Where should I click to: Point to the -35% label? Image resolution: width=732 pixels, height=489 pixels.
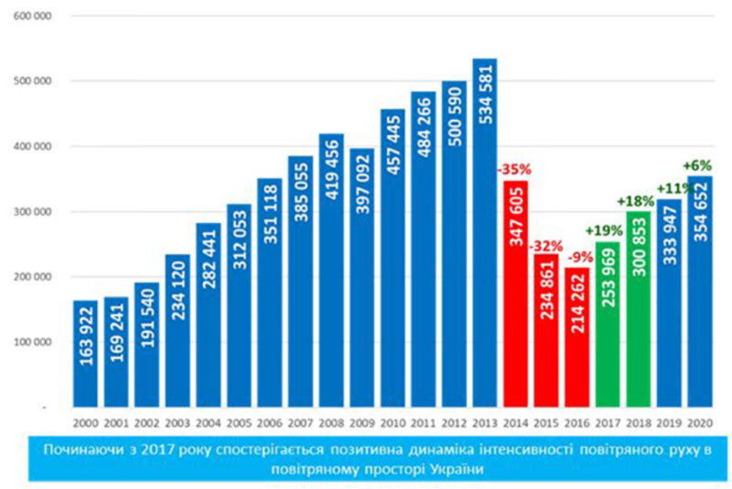[x=515, y=169]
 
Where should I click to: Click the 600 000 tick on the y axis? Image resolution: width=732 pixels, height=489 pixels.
[x=35, y=16]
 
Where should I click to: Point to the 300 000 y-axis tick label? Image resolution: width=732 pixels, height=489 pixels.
[x=35, y=212]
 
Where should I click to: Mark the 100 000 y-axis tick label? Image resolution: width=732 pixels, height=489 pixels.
[x=35, y=343]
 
